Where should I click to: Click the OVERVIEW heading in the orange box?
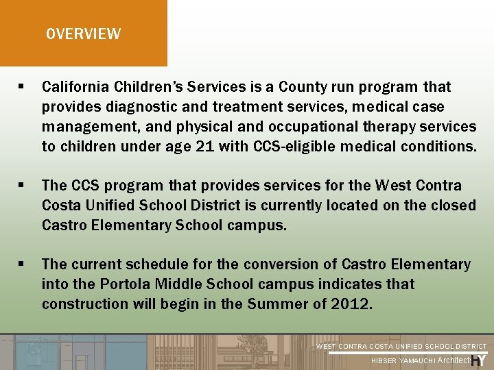tap(83, 34)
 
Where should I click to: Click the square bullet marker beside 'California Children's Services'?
tap(22, 87)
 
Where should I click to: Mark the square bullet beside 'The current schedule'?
tap(22, 264)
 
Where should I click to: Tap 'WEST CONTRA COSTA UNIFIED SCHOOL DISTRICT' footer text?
tap(401, 347)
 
